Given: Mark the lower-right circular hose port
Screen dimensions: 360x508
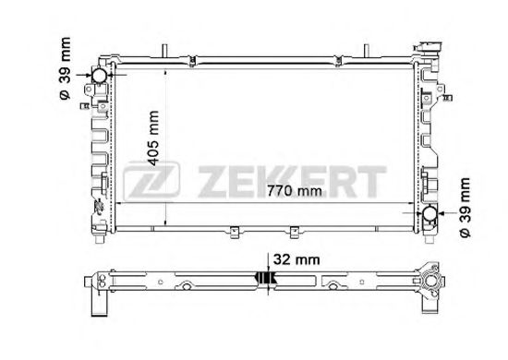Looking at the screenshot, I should coord(430,216).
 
